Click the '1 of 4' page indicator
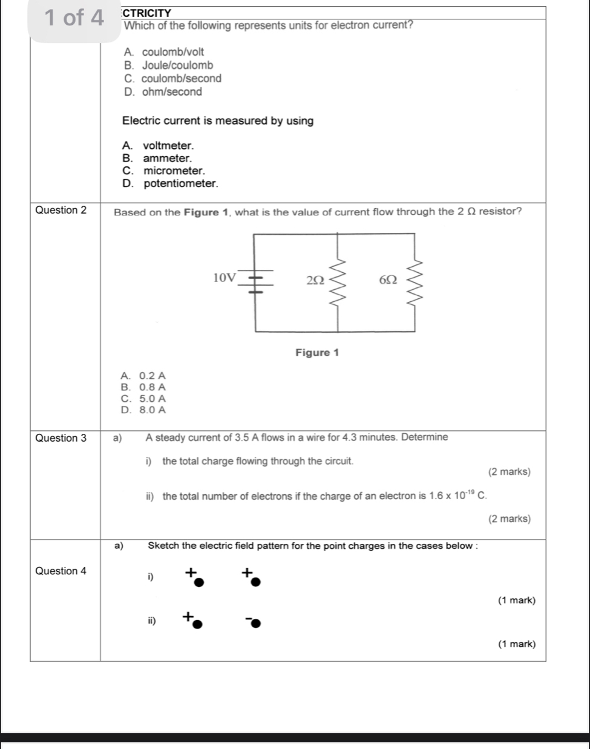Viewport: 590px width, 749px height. pyautogui.click(x=74, y=18)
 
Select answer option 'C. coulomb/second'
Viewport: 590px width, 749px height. pyautogui.click(x=173, y=79)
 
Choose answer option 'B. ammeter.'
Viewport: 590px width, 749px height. pyautogui.click(x=157, y=159)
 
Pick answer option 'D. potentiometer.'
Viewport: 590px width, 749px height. pyautogui.click(x=170, y=183)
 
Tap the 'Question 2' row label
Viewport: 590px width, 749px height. pyautogui.click(x=61, y=211)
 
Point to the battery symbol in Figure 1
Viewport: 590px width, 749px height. pyautogui.click(x=256, y=283)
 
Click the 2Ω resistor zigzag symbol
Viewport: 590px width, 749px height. pyautogui.click(x=338, y=282)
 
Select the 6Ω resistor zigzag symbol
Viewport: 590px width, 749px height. pyautogui.click(x=415, y=282)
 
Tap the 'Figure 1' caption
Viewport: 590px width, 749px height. pyautogui.click(x=317, y=353)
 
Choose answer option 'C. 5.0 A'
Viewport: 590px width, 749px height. pyautogui.click(x=143, y=399)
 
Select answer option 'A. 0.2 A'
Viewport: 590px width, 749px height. pyautogui.click(x=143, y=376)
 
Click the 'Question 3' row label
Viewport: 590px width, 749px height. pyautogui.click(x=61, y=438)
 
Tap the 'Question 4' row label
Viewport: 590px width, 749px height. pyautogui.click(x=61, y=571)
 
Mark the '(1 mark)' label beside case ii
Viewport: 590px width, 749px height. pyautogui.click(x=516, y=644)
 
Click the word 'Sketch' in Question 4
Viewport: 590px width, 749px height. pyautogui.click(x=163, y=546)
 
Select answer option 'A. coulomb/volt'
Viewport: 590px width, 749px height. pyautogui.click(x=164, y=52)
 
